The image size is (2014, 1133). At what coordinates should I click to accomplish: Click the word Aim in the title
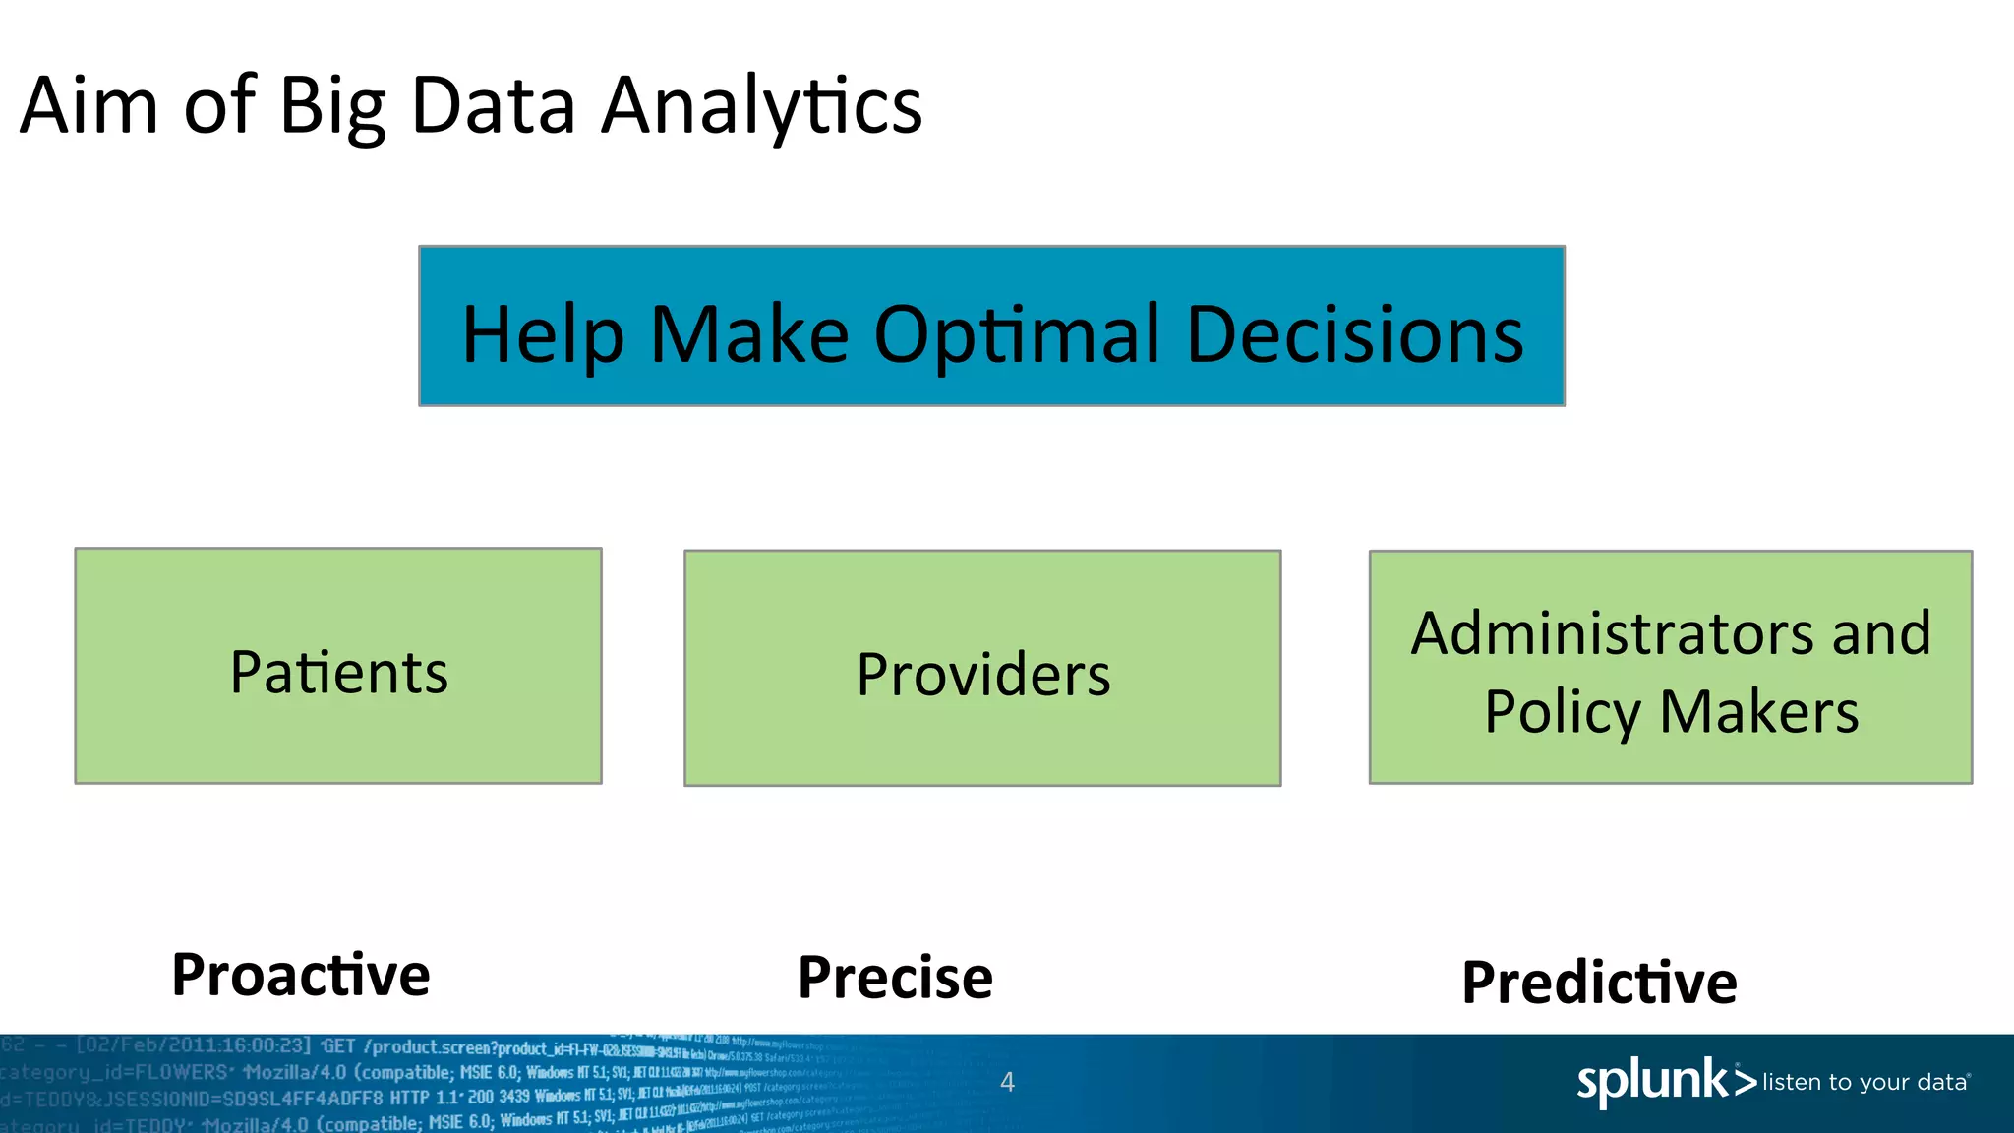pos(89,105)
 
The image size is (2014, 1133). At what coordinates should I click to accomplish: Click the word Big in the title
pos(332,108)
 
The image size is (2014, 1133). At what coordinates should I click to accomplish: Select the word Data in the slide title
pos(493,105)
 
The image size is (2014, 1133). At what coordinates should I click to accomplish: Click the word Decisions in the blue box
pos(1355,334)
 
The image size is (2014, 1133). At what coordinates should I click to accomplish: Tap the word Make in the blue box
pos(749,334)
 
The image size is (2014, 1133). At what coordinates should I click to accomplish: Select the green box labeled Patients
pos(338,666)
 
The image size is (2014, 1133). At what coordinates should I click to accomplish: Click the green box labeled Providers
pos(982,669)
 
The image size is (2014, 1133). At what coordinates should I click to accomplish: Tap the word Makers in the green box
pos(1759,712)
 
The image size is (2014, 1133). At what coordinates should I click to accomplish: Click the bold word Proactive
pos(301,975)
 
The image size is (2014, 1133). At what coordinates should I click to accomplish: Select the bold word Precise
pos(895,978)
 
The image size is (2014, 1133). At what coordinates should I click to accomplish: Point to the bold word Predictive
pos(1599,983)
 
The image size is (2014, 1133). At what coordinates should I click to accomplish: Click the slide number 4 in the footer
pos(1007,1082)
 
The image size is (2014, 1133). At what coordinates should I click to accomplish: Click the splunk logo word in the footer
pos(1652,1081)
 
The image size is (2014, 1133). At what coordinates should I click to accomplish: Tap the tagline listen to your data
pos(1865,1083)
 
